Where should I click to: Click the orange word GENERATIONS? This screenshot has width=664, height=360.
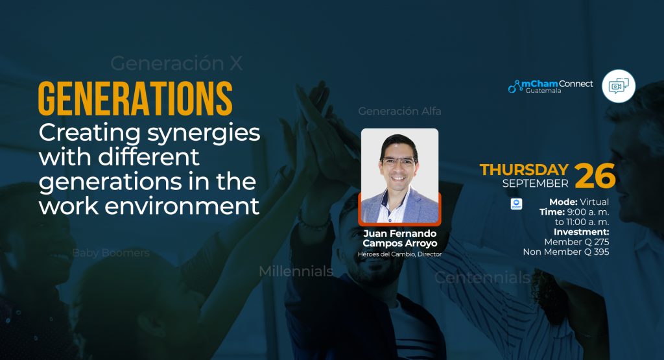pyautogui.click(x=136, y=99)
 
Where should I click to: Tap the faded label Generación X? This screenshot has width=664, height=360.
pyautogui.click(x=176, y=64)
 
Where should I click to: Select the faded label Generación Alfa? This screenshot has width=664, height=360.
pyautogui.click(x=399, y=111)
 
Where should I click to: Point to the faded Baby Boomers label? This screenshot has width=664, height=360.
pyautogui.click(x=111, y=253)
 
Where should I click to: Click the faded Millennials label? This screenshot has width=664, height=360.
pyautogui.click(x=296, y=271)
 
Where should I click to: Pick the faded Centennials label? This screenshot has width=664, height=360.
pyautogui.click(x=482, y=278)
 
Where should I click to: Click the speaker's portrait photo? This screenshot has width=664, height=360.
pyautogui.click(x=399, y=176)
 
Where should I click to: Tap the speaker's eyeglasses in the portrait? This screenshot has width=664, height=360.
pyautogui.click(x=399, y=162)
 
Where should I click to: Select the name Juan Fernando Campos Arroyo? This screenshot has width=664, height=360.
pyautogui.click(x=399, y=238)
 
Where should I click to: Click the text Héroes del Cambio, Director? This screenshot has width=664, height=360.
pyautogui.click(x=399, y=254)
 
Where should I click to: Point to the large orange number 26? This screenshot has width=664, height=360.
pyautogui.click(x=595, y=176)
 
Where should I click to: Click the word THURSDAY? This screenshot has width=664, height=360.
pyautogui.click(x=524, y=169)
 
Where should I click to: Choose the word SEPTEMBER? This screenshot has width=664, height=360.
pyautogui.click(x=535, y=184)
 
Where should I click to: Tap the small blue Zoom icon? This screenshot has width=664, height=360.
pyautogui.click(x=516, y=204)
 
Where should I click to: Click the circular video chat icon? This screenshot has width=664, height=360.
pyautogui.click(x=619, y=86)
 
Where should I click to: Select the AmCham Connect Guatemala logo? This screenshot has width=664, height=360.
pyautogui.click(x=551, y=86)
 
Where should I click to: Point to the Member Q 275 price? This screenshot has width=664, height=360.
pyautogui.click(x=576, y=242)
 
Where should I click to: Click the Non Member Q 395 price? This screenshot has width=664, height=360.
pyautogui.click(x=566, y=252)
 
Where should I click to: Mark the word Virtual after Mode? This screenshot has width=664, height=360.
pyautogui.click(x=594, y=202)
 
